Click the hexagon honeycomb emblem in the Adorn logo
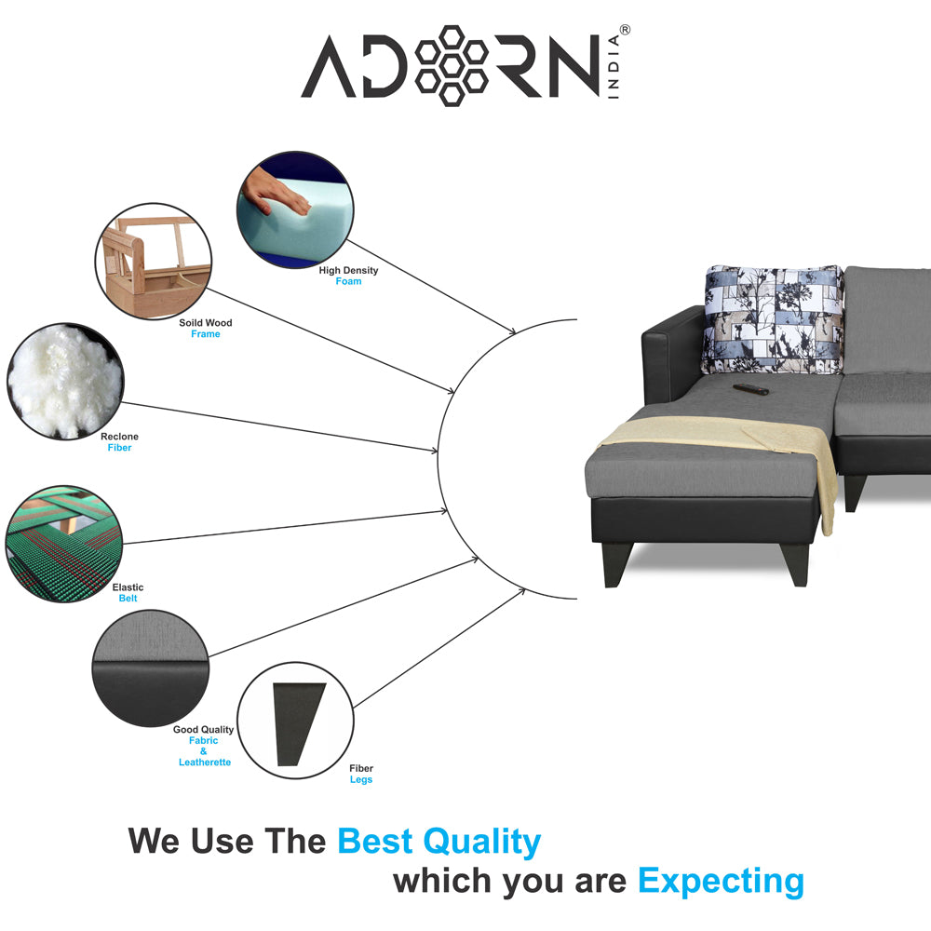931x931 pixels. tap(452, 66)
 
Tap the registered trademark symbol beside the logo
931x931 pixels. tap(625, 30)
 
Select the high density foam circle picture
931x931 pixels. tap(295, 209)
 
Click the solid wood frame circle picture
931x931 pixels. tap(154, 262)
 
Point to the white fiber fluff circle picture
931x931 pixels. tap(65, 381)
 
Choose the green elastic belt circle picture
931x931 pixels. tap(63, 544)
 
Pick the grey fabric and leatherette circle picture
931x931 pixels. tap(151, 668)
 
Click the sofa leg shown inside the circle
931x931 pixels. tap(298, 724)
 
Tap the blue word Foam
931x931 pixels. tap(348, 281)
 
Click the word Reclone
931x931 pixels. tap(119, 437)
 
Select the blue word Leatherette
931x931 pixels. tap(205, 762)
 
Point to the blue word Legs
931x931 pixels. tap(361, 779)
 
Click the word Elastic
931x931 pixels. tap(128, 587)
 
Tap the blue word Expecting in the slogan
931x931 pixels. tap(721, 882)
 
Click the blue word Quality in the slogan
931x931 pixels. tap(481, 843)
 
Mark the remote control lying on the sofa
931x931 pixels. tap(750, 389)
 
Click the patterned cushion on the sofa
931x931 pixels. tap(773, 319)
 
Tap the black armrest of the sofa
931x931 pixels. tap(673, 355)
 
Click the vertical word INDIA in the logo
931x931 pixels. tap(614, 66)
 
